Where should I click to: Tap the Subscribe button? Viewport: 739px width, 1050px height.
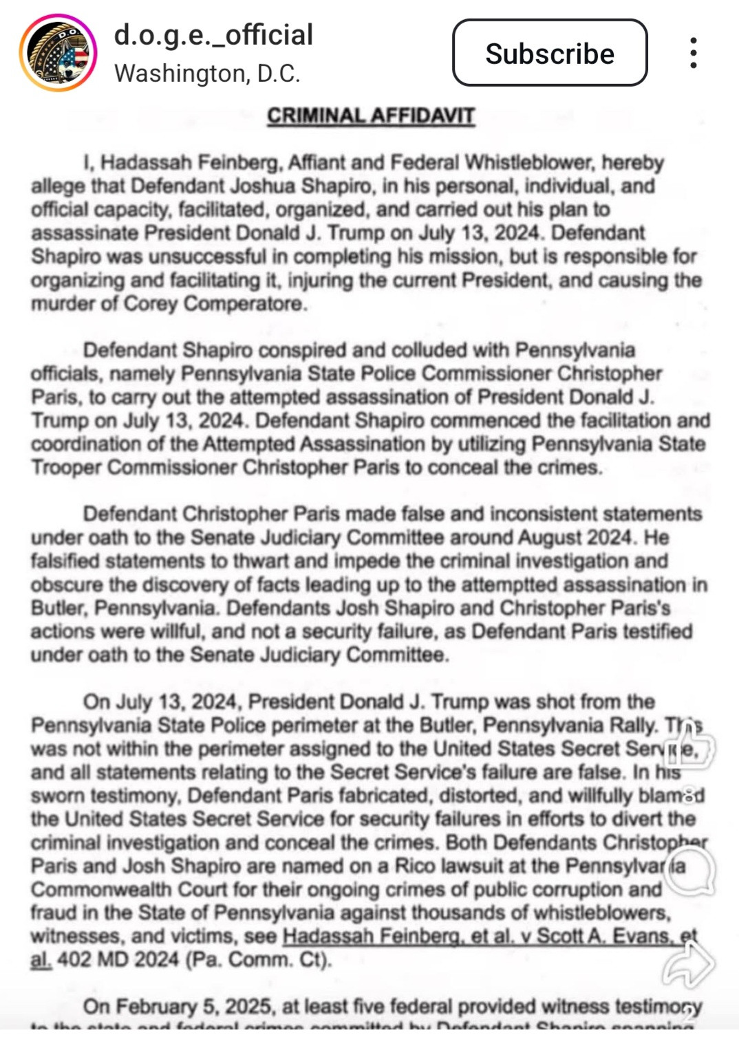pos(549,53)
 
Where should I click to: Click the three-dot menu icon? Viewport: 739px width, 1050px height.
pos(693,53)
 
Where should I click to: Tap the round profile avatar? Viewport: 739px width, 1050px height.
pos(58,53)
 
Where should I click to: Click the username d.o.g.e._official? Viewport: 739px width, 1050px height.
pos(213,34)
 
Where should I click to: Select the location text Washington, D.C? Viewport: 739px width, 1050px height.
pos(207,74)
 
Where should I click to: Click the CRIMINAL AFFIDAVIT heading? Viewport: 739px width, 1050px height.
pos(371,116)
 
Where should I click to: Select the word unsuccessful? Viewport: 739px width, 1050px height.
pos(207,256)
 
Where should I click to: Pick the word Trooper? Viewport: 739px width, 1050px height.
pos(66,468)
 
